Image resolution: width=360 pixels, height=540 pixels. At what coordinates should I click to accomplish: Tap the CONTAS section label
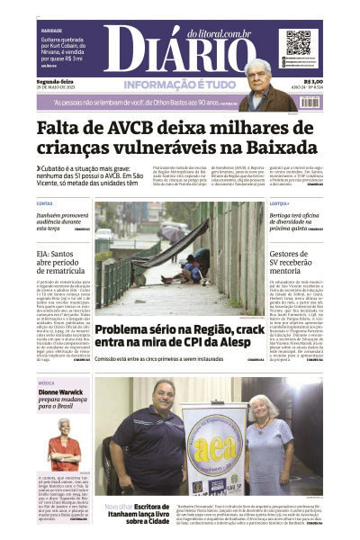coord(45,204)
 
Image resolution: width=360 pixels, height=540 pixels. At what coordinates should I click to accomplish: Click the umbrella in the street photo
coord(170,231)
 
